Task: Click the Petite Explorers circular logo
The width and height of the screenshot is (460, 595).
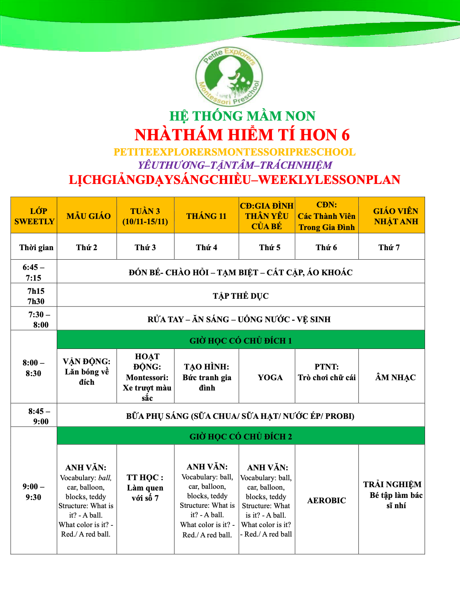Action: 229,77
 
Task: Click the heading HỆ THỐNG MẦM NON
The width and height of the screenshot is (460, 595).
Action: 242,116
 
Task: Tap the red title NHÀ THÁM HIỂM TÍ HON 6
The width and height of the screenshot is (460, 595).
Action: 242,135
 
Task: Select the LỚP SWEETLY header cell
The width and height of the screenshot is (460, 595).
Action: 34,216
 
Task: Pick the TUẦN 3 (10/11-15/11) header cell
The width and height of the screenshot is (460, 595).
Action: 145,216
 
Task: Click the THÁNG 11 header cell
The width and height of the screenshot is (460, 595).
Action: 206,216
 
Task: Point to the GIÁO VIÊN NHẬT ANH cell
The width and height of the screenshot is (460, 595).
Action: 395,216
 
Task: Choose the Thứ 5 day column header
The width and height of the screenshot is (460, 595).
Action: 269,247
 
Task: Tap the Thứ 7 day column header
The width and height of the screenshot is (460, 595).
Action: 389,247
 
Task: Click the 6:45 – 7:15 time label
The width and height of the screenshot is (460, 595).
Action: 34,272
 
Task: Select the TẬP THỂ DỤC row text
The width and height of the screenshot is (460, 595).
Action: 241,296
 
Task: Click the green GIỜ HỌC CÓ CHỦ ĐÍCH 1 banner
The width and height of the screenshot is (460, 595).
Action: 241,340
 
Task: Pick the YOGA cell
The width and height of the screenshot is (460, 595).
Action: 270,377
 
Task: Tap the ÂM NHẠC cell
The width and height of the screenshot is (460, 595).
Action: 395,377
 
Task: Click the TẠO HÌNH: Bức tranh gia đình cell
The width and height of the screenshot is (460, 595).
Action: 207,377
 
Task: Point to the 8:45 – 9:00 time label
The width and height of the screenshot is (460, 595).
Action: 39,416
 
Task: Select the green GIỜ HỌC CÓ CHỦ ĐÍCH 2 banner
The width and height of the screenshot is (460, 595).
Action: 241,437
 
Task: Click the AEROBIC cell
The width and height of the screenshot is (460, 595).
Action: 327,500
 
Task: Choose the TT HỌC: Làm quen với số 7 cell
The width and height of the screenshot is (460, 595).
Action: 145,488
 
